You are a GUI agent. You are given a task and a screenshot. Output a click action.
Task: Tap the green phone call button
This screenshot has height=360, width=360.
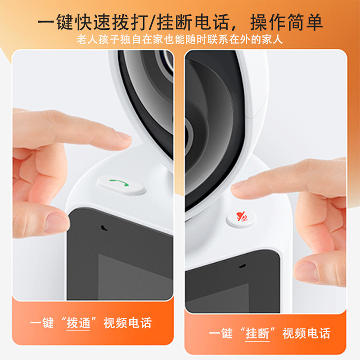pyautogui.click(x=121, y=185)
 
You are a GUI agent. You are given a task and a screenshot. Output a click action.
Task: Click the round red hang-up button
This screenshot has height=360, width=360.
pyautogui.click(x=241, y=218)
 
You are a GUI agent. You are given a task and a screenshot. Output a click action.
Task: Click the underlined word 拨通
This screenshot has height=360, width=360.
pyautogui.click(x=78, y=323)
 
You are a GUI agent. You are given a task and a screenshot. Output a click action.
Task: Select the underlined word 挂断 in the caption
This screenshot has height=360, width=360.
pyautogui.click(x=257, y=333)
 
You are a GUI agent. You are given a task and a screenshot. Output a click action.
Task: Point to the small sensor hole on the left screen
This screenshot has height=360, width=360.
pyautogui.click(x=104, y=228)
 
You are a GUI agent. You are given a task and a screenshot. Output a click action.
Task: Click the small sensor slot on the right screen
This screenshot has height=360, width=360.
pyautogui.click(x=243, y=266)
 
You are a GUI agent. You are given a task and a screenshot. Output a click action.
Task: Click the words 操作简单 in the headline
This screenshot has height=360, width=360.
pyautogui.click(x=286, y=22)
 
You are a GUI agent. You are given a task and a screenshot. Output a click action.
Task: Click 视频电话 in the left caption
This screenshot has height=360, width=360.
pyautogui.click(x=128, y=323)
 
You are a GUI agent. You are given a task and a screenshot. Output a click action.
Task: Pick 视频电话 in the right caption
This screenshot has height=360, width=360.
pyautogui.click(x=306, y=333)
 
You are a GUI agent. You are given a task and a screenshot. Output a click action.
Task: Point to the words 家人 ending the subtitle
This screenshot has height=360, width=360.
pyautogui.click(x=272, y=40)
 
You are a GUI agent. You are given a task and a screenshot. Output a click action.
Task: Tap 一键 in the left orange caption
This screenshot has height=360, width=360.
pyautogui.click(x=42, y=323)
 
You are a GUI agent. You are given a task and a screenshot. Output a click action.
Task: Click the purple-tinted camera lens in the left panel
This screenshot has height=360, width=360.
pyautogui.click(x=166, y=62)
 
